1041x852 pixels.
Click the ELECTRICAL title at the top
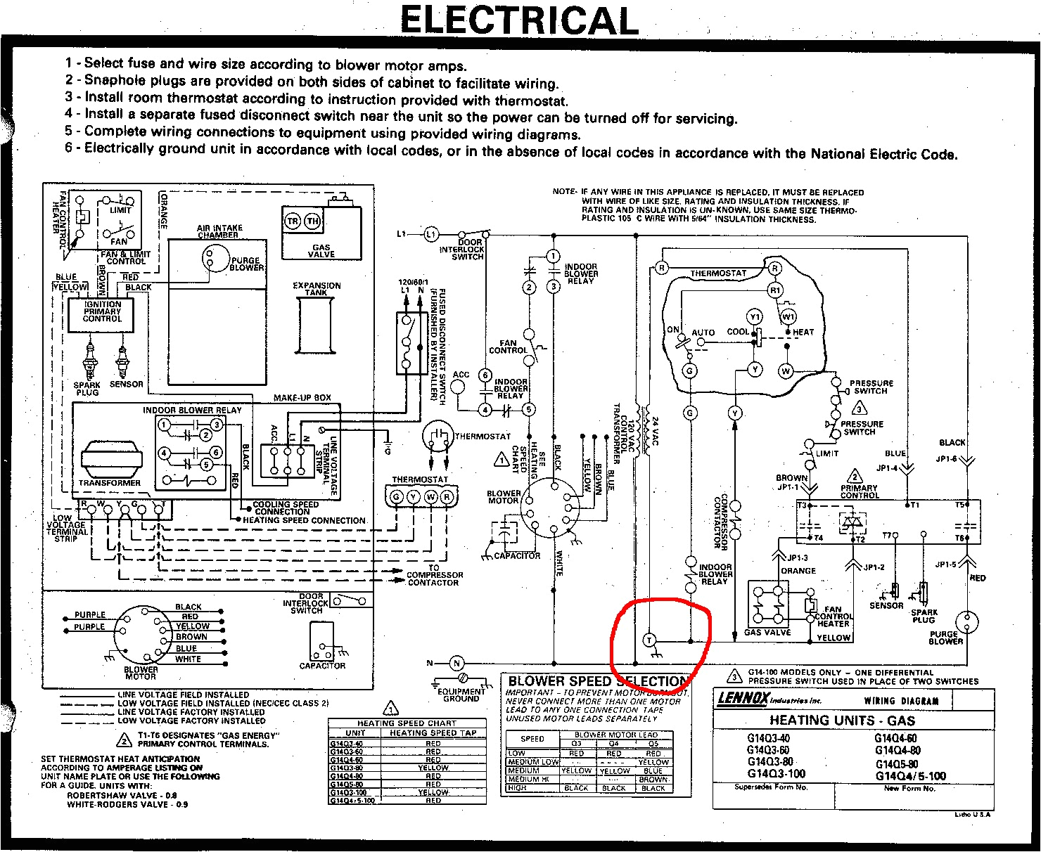point(519,20)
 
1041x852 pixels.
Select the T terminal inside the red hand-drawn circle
point(649,640)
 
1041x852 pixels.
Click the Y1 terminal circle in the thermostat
point(755,316)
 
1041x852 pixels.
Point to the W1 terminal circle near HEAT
point(788,316)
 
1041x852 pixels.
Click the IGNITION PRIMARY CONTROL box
point(103,312)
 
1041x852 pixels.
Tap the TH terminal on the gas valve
point(312,221)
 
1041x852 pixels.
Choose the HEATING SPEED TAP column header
point(433,732)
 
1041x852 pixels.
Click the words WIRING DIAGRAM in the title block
point(901,700)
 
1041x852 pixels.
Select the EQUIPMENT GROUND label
point(461,695)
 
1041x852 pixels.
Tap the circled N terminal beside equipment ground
point(456,663)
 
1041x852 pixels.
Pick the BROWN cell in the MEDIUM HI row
point(653,779)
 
